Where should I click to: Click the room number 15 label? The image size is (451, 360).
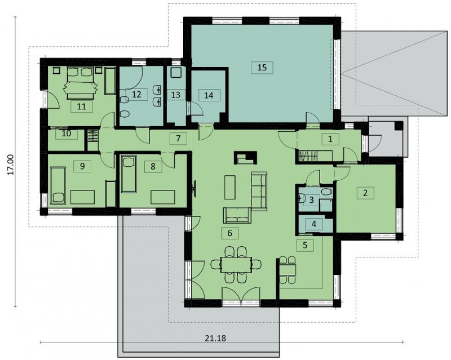262,68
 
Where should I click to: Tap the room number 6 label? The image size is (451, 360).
229,233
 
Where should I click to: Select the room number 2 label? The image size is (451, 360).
365,193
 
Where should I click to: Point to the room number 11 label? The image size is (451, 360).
82,106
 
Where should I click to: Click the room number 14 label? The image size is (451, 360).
209,95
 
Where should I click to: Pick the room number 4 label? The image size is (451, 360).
314,224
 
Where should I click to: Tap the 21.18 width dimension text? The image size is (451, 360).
215,338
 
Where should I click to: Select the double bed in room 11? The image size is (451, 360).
81,83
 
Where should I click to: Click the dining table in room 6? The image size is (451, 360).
236,265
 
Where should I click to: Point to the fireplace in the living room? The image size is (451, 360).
245,158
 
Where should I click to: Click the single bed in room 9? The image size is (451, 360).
59,185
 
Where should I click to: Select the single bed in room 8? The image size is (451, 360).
129,174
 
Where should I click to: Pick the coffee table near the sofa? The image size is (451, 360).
229,187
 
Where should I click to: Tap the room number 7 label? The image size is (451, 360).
178,139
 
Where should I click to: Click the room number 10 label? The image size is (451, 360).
67,134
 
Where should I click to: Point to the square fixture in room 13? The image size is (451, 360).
175,72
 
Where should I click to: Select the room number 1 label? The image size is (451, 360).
330,139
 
